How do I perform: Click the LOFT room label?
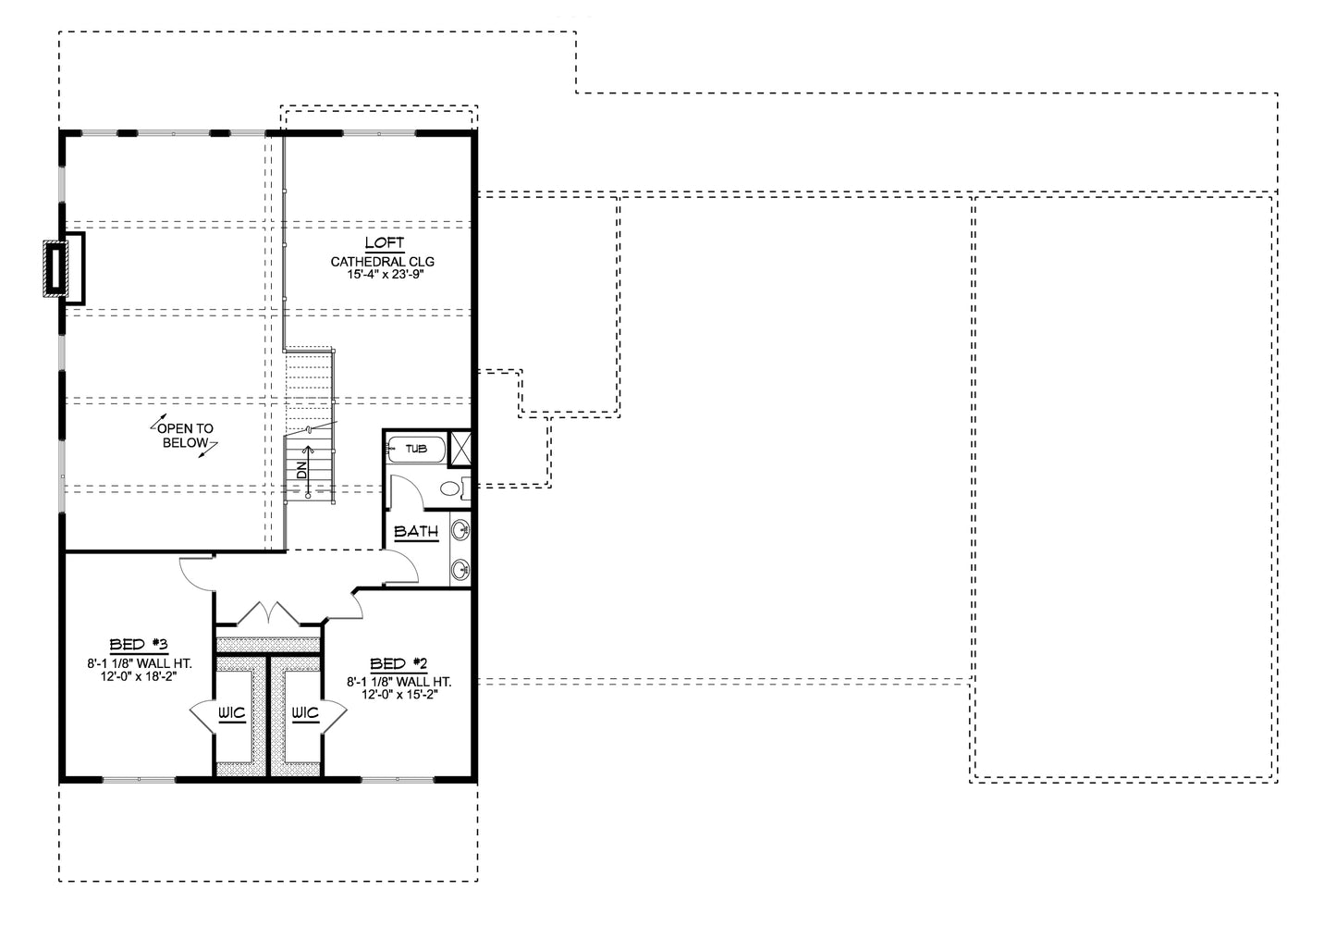(x=385, y=242)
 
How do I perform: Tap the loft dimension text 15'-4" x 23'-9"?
(x=386, y=275)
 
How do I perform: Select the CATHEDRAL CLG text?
(x=383, y=261)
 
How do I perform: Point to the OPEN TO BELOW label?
(x=185, y=436)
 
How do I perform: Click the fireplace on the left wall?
(x=65, y=268)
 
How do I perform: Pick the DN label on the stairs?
(x=301, y=470)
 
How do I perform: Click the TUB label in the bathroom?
(x=416, y=449)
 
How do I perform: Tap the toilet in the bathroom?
(x=455, y=489)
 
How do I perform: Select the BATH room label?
(x=416, y=531)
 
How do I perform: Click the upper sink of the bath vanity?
(x=460, y=530)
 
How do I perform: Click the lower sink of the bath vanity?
(x=460, y=570)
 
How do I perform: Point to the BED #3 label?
(x=139, y=645)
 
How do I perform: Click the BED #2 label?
(x=399, y=663)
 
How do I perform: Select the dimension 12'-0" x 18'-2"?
(x=139, y=676)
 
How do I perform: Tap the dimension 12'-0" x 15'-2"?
(x=399, y=695)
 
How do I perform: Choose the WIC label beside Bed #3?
(x=231, y=713)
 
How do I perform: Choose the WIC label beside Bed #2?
(x=305, y=713)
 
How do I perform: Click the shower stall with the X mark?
(x=460, y=448)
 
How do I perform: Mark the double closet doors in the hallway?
(x=269, y=612)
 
